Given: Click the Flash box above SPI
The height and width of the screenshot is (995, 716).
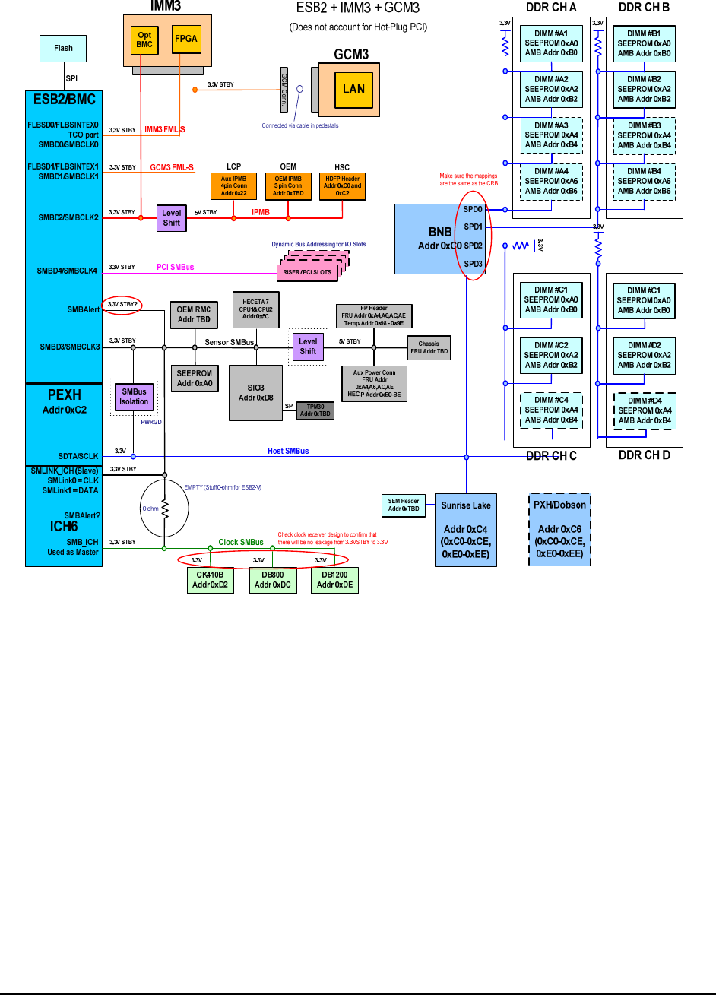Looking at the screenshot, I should (63, 49).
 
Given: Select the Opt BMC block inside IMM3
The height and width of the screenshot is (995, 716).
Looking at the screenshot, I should (144, 40).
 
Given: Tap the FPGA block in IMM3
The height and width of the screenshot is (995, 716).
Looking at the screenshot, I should (185, 40).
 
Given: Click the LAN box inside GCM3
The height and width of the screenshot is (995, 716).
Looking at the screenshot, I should (353, 88).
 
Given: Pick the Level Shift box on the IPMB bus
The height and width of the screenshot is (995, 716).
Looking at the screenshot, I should (171, 218).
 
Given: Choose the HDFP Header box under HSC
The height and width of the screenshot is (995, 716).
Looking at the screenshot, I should (342, 185).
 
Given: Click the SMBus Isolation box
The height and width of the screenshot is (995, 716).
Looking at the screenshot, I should (134, 397).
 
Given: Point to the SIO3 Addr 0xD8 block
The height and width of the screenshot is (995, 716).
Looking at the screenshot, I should (256, 392).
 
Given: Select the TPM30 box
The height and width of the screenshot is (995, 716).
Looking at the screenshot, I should (315, 410).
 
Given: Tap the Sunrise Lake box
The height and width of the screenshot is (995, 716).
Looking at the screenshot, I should (466, 530).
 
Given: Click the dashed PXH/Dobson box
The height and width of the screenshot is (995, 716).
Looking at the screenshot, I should (559, 530).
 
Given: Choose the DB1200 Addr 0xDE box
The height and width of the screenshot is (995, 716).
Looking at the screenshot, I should (334, 581).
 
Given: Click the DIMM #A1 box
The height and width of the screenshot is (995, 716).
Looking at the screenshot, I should (551, 43).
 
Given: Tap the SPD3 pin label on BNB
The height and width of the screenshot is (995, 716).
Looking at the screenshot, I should (473, 264).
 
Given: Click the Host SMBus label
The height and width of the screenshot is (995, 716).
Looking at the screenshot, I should (288, 452).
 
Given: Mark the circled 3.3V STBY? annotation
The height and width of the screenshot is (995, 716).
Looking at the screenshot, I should (123, 304).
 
